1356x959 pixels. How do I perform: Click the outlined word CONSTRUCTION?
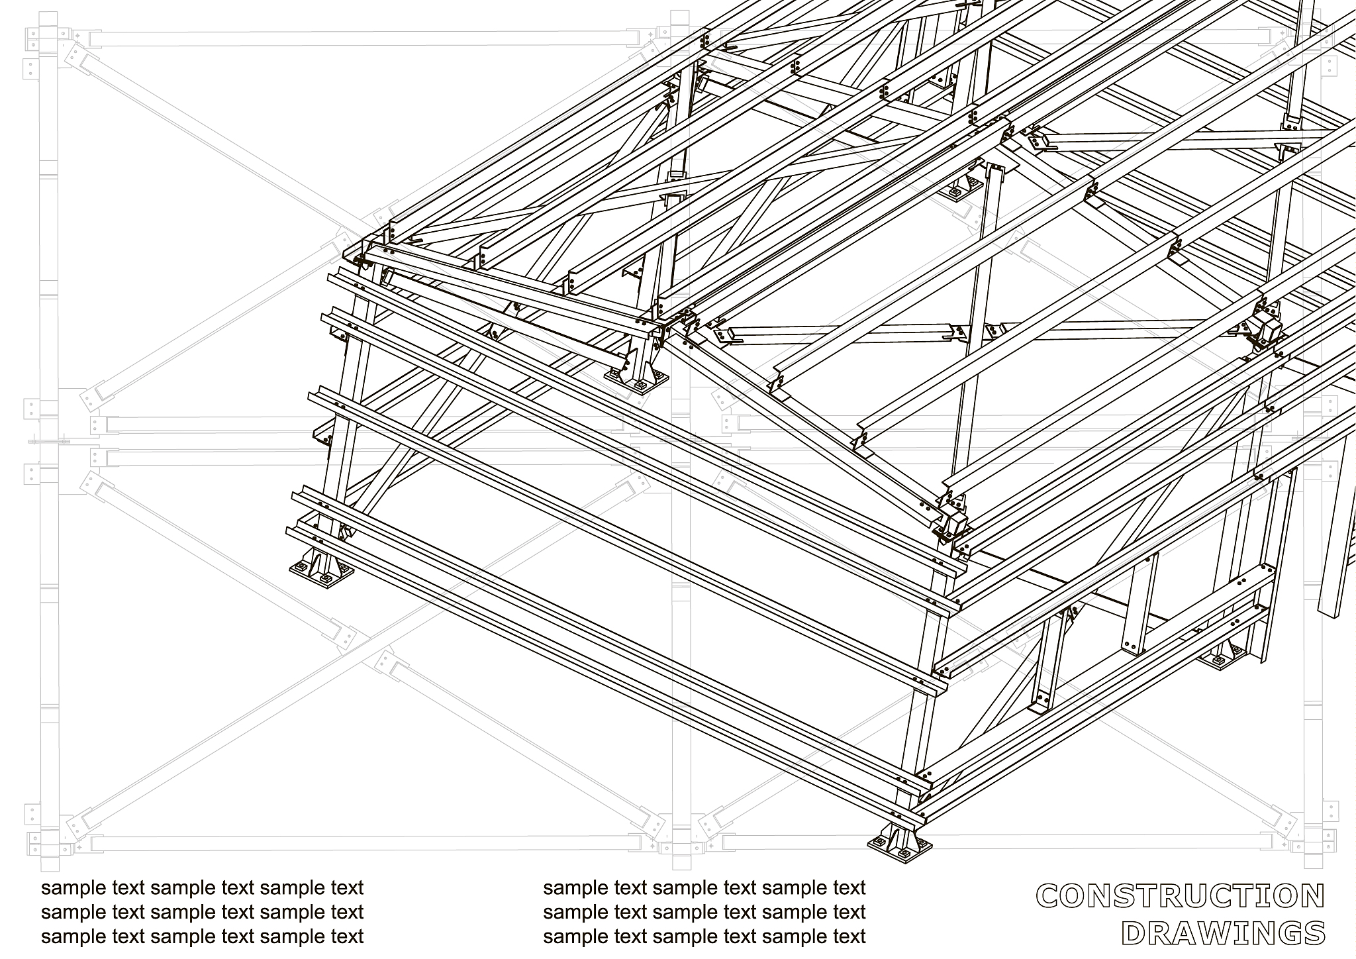(1181, 897)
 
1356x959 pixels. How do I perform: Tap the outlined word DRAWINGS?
(1224, 933)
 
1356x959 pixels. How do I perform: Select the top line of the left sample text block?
(203, 888)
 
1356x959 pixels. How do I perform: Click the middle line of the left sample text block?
(203, 913)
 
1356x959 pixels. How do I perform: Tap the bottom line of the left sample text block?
(203, 937)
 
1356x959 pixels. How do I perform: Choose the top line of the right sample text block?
(704, 888)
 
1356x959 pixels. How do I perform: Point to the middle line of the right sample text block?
(704, 913)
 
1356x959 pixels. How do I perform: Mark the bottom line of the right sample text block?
(704, 937)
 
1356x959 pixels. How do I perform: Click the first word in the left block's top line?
(74, 888)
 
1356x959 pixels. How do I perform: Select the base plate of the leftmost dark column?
(321, 571)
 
